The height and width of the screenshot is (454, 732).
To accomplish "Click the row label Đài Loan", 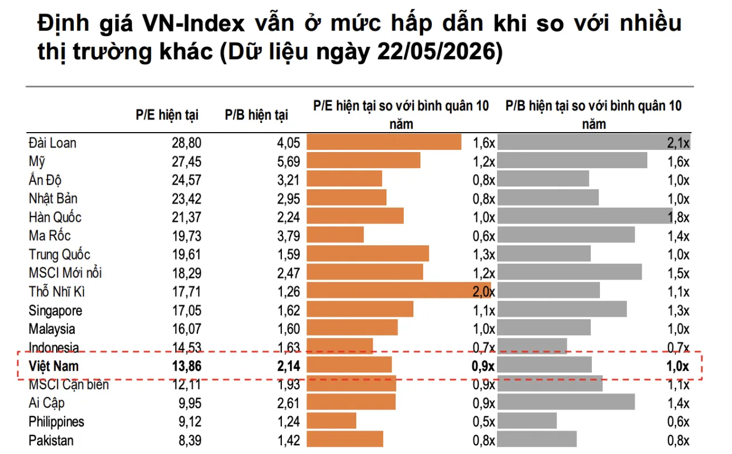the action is [52, 143].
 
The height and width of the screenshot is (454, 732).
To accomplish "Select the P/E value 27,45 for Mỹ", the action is [186, 162].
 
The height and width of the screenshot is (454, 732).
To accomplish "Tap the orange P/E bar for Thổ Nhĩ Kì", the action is [399, 290].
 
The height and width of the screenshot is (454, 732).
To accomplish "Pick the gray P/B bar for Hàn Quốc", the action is [585, 216].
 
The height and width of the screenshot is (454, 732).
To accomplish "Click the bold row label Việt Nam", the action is [54, 366].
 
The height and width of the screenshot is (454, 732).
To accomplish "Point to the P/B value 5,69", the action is [289, 162].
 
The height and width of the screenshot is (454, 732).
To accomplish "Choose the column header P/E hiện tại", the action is [167, 115].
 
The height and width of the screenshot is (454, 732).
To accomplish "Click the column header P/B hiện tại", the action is [257, 115].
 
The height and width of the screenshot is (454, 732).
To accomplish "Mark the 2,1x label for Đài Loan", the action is [678, 143].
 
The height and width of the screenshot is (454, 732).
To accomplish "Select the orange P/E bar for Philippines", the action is [331, 421].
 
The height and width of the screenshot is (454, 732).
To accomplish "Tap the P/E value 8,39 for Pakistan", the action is [190, 440].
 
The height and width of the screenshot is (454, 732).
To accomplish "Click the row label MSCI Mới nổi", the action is [65, 273].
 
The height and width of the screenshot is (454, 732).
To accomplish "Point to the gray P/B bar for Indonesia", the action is [532, 347].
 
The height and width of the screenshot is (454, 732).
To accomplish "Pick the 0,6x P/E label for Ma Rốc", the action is [484, 236].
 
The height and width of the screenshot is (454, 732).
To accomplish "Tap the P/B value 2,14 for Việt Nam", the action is [289, 366].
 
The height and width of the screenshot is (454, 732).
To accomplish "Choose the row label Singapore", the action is [55, 310].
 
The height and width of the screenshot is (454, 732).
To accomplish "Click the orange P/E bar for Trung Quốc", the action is [368, 253].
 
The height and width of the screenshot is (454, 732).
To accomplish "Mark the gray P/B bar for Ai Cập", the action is [566, 402].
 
